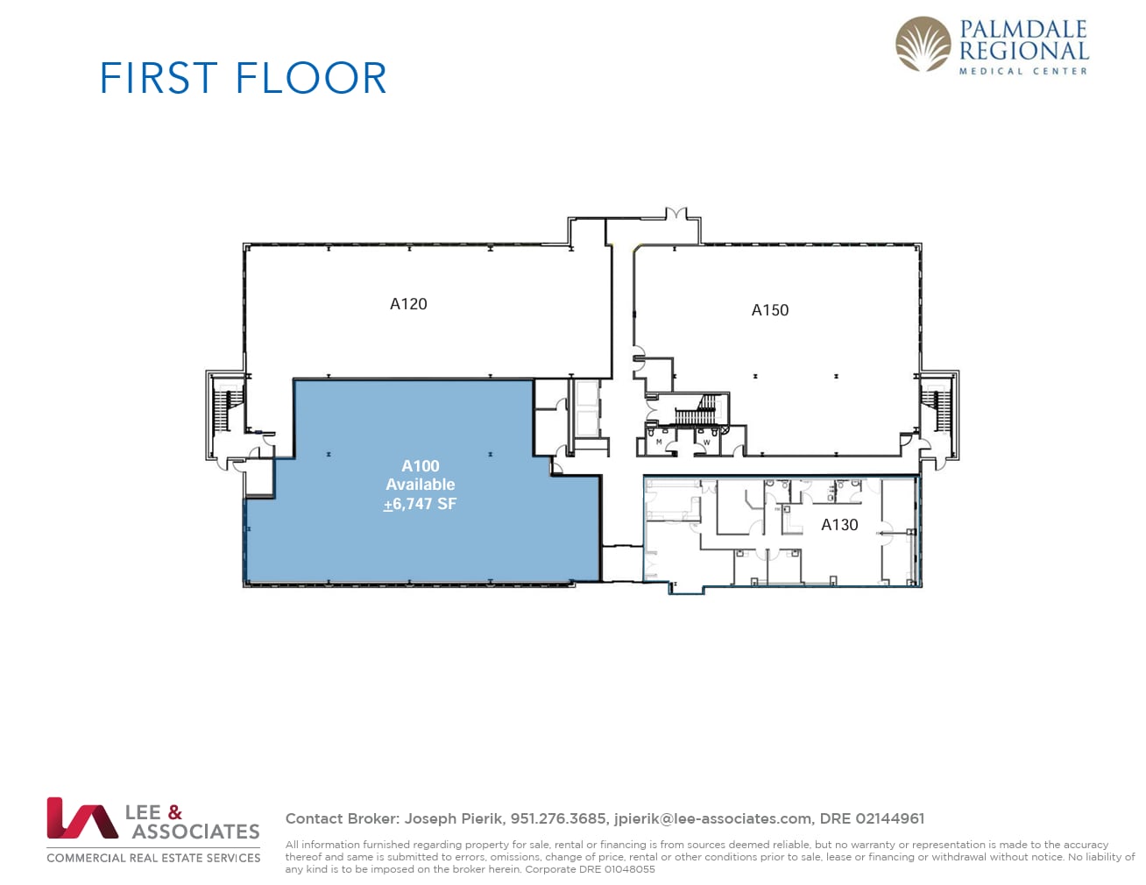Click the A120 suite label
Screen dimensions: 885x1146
[x=408, y=304]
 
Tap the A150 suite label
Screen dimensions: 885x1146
[x=769, y=310]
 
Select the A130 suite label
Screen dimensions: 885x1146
[x=838, y=525]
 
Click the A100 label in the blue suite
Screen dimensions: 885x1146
[x=420, y=466]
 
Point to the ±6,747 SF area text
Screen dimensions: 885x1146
[x=420, y=504]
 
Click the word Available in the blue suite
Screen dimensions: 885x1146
[x=420, y=485]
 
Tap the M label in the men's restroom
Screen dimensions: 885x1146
[x=659, y=442]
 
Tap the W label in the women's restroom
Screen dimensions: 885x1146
[x=707, y=442]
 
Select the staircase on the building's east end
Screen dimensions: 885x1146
[x=938, y=408]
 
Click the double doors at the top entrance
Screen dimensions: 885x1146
[x=675, y=214]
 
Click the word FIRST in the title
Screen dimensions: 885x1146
[x=159, y=78]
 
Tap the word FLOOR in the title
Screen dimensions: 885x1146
[x=311, y=78]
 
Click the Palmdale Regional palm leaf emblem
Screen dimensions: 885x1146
[x=923, y=45]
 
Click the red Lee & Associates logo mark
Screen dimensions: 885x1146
[x=81, y=818]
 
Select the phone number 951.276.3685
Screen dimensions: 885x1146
[x=558, y=818]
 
